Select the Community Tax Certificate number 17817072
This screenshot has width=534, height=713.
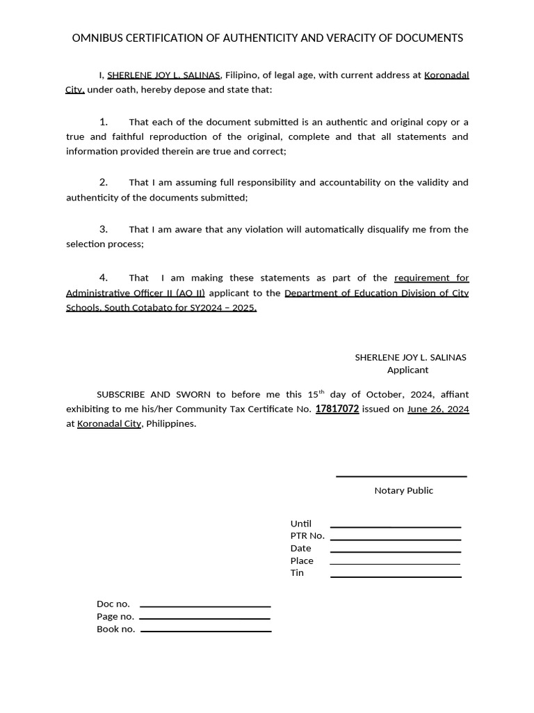click(337, 409)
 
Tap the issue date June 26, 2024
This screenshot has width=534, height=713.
click(438, 409)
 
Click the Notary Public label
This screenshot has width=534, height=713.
click(403, 491)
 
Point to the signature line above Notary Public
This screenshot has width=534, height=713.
click(401, 477)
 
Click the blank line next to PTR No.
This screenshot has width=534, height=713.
click(396, 540)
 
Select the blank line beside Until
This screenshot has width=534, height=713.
click(396, 527)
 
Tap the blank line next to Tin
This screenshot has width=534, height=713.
click(396, 577)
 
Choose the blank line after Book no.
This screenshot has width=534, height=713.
click(206, 632)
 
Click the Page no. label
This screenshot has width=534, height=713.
click(115, 617)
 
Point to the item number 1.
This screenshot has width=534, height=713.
click(104, 122)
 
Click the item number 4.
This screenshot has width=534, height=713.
click(104, 278)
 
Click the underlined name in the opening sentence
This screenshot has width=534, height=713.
click(164, 75)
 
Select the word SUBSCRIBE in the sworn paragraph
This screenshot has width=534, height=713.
click(121, 394)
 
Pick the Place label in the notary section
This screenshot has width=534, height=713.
click(302, 561)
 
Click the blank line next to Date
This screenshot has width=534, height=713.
click(396, 552)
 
